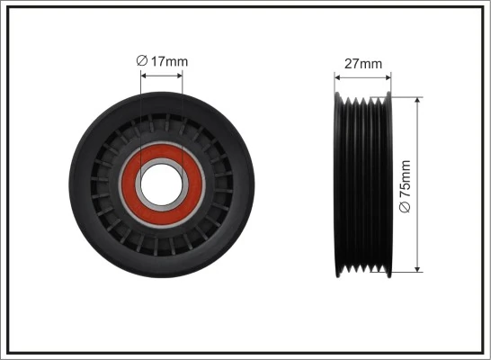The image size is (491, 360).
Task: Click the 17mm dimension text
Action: point(170,61)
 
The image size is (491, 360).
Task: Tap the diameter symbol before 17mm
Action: point(141,61)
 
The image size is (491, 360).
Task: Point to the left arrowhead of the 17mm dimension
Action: point(145,75)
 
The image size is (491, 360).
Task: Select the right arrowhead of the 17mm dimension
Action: point(179,75)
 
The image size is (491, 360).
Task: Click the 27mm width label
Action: point(363,64)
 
